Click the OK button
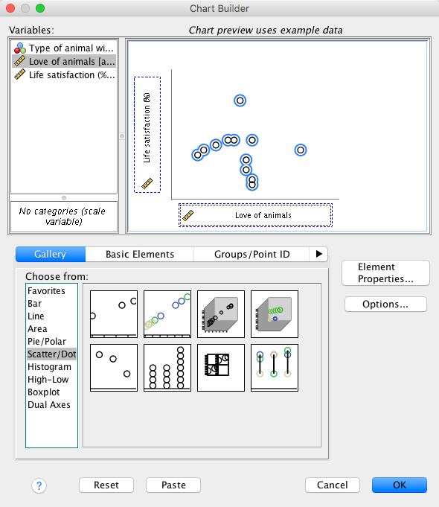click(400, 485)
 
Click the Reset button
click(106, 485)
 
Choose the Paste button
click(173, 485)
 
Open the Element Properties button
click(385, 273)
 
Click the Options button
click(385, 304)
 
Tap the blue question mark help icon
click(39, 485)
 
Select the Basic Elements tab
click(140, 255)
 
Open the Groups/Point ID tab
click(251, 255)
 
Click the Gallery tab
click(51, 255)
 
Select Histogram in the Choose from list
click(49, 367)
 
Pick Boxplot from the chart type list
click(44, 392)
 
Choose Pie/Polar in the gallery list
click(47, 342)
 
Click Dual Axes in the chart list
click(49, 405)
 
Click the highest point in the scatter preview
click(240, 101)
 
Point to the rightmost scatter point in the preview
click(301, 150)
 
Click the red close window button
click(10, 8)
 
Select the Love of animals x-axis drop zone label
click(263, 215)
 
